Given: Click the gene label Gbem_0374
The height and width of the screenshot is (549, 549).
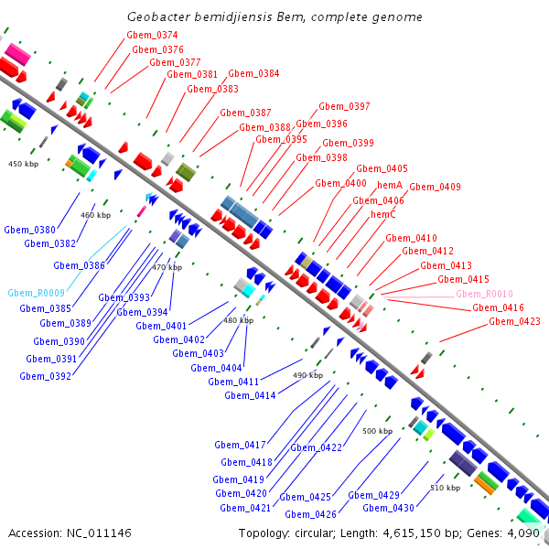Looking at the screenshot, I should tap(152, 35).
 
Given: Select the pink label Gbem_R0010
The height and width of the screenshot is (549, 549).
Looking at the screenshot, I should tap(484, 294).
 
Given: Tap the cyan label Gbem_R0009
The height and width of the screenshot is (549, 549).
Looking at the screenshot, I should tap(36, 294).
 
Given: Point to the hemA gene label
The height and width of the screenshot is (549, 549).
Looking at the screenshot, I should tap(390, 185).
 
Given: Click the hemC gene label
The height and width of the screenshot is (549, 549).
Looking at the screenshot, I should tap(383, 214).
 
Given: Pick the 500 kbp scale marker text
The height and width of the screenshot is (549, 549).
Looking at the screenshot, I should tap(376, 430).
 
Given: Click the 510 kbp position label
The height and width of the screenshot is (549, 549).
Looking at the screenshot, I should tap(445, 488).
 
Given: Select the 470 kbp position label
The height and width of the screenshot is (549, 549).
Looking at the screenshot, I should tap(167, 267).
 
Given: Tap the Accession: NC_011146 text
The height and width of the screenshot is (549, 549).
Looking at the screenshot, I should tap(70, 533).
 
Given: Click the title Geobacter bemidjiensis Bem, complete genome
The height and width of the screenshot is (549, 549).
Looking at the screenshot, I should tap(274, 17).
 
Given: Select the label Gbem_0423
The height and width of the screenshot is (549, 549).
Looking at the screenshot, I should tap(514, 321).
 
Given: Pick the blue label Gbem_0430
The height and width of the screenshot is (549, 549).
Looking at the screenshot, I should tap(388, 508).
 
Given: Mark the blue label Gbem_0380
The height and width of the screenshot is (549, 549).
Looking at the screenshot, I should tap(30, 230).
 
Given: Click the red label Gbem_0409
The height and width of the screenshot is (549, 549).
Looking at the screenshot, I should tap(435, 187).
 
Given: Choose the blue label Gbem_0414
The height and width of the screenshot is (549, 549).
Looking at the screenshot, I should tap(250, 395).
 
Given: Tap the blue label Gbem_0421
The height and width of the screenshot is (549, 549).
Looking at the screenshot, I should tap(245, 508).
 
